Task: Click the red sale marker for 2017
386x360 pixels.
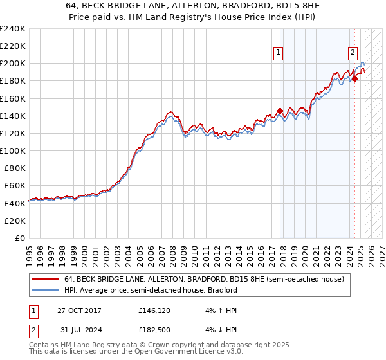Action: tap(280, 111)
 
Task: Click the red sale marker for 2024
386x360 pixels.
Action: tap(354, 79)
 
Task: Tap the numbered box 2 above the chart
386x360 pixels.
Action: tap(353, 53)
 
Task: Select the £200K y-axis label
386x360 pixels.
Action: tap(13, 64)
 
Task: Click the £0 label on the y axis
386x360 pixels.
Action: tap(21, 238)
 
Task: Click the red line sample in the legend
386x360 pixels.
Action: tap(46, 280)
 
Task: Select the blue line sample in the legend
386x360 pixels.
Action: tap(46, 290)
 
